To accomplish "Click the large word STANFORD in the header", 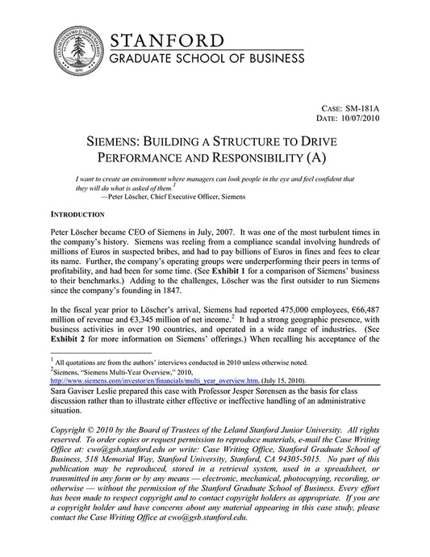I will tap(167, 40).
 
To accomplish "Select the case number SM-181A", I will tap(360, 106).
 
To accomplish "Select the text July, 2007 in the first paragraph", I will tap(212, 231).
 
